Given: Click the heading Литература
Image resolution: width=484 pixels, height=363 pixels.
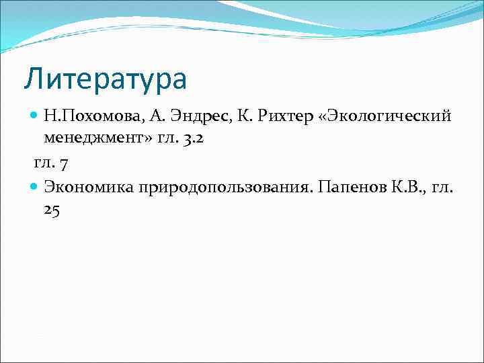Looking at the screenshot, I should [105, 79].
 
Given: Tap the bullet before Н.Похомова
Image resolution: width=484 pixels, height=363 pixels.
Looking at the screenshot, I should [36, 116].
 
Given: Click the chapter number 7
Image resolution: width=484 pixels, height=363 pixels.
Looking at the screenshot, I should [64, 163].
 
